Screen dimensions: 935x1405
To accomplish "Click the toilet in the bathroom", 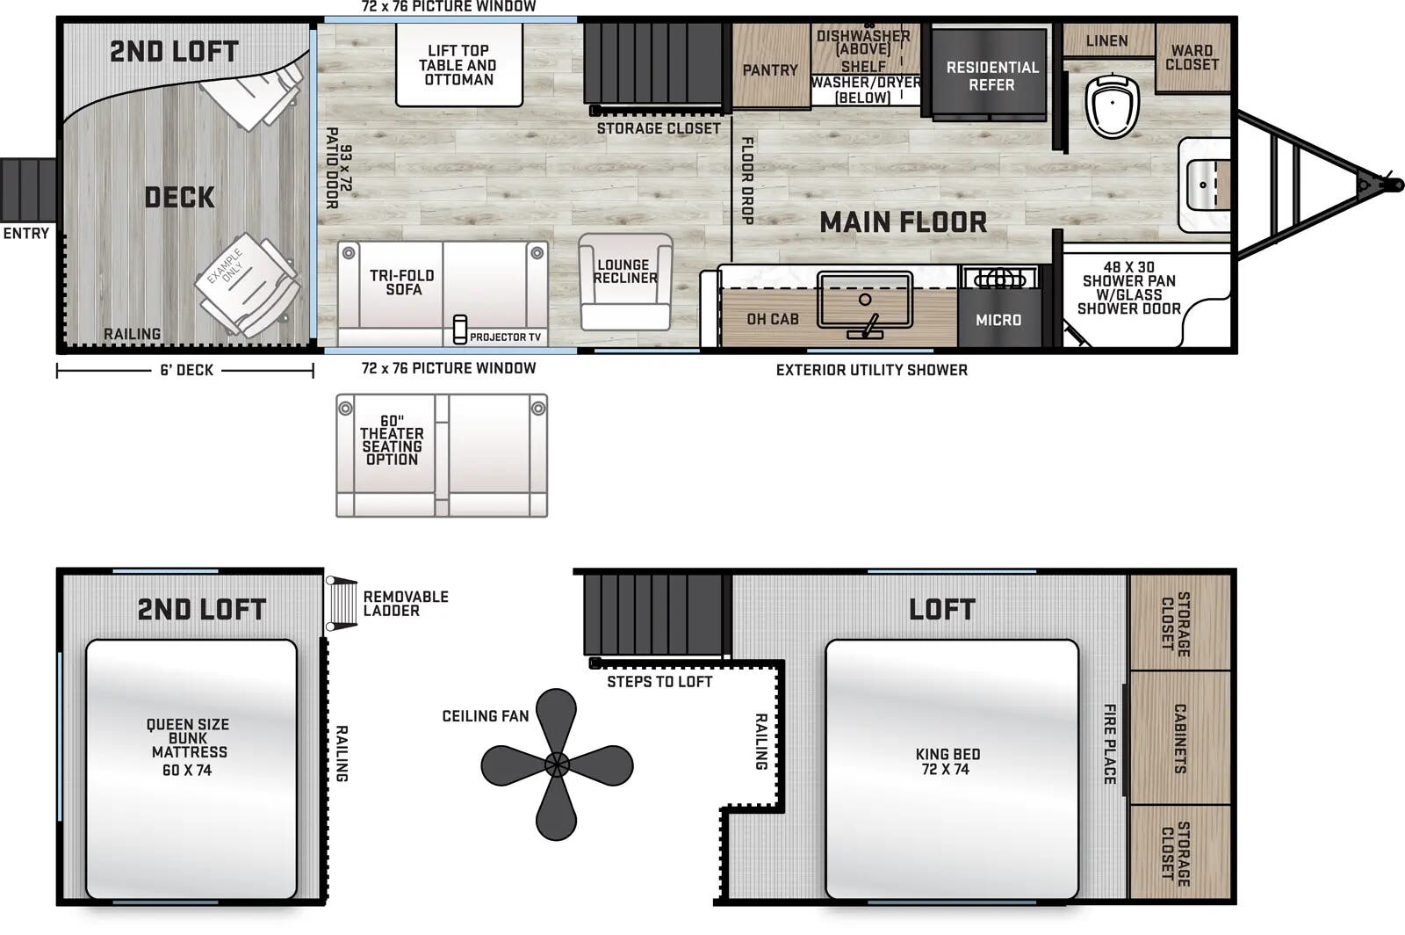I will [1112, 106].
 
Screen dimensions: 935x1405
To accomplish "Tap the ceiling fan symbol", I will [557, 765].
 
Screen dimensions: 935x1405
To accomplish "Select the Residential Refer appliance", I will [990, 75].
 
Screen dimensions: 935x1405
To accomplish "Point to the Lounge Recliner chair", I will [625, 281].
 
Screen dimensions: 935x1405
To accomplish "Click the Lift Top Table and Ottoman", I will [459, 65].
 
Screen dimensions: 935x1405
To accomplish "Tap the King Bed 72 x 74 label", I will [947, 761].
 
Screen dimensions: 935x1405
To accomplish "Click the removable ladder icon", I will [342, 604].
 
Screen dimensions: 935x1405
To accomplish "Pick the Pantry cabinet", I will [770, 69].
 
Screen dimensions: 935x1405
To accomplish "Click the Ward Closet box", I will [1192, 57].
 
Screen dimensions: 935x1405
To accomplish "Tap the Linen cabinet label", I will [1106, 40].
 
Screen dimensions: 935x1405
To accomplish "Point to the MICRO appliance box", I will [998, 319].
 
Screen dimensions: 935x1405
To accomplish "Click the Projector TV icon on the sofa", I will [460, 330].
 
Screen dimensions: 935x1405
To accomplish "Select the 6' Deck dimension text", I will [186, 370].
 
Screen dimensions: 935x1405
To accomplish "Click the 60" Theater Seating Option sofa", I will [442, 455].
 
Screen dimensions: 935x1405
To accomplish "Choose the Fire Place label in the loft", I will [1110, 743].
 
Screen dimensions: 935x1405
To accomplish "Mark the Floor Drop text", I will [747, 180].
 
